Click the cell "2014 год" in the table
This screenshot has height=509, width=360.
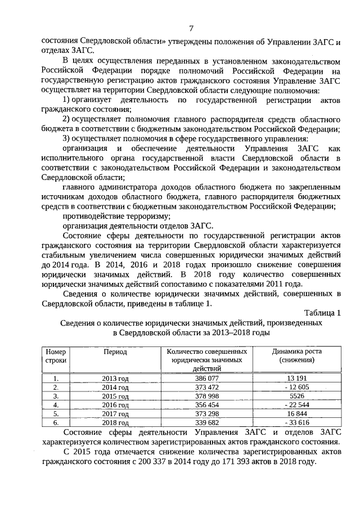(115, 388)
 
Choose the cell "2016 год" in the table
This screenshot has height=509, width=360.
(115, 405)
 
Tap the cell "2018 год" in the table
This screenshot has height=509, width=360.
(115, 422)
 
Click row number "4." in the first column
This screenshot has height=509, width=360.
(56, 404)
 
